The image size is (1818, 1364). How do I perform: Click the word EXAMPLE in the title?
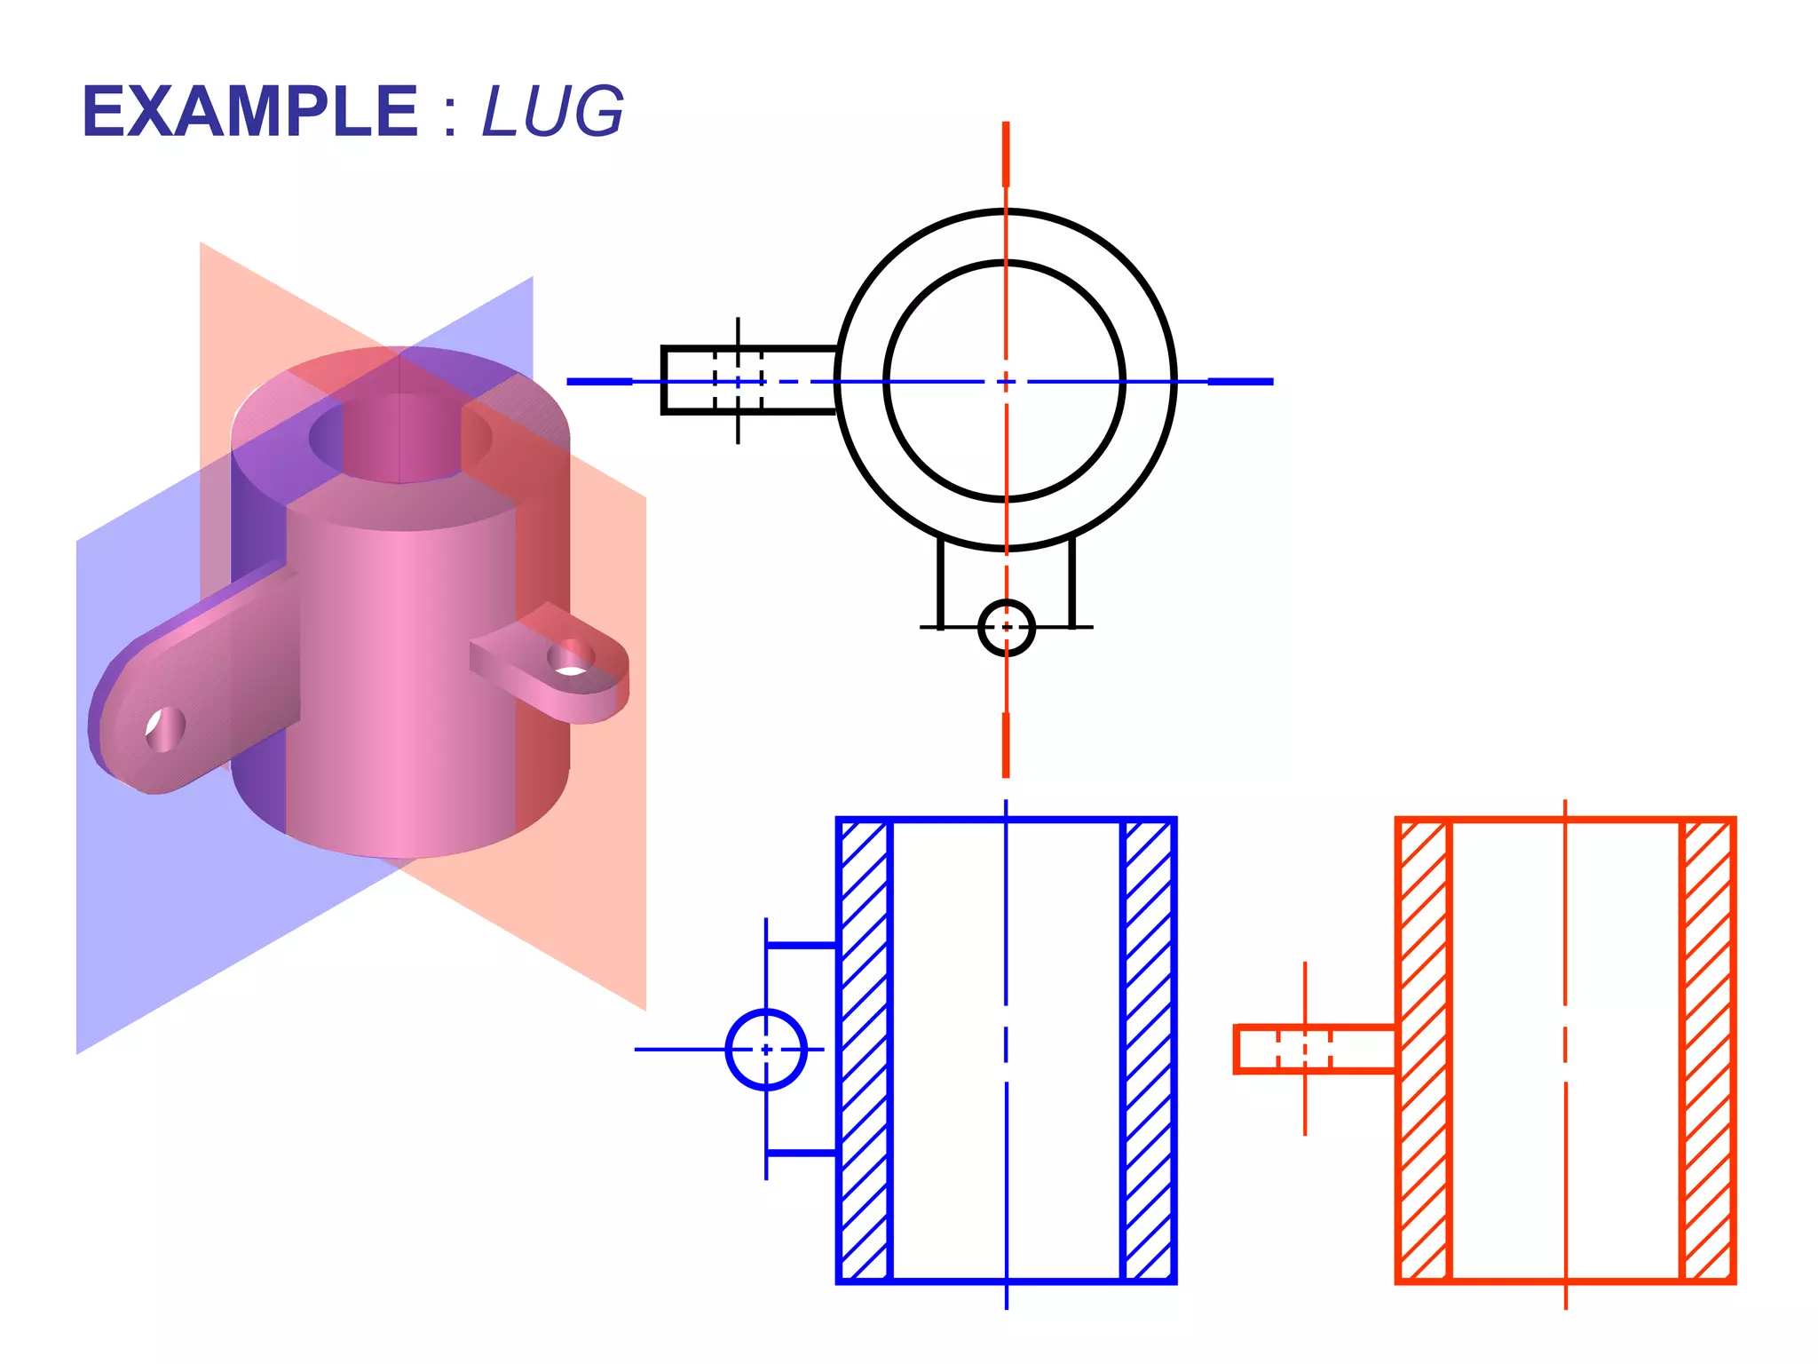pyautogui.click(x=249, y=112)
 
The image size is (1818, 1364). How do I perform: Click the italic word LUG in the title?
pyautogui.click(x=552, y=112)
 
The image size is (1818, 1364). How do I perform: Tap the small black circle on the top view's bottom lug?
pyautogui.click(x=1006, y=628)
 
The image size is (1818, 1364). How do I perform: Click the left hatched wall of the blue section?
pyautogui.click(x=864, y=1051)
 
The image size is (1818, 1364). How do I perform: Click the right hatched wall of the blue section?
pyautogui.click(x=1149, y=1051)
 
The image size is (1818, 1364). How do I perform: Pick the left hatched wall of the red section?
pyautogui.click(x=1423, y=1051)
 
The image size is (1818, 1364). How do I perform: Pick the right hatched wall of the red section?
pyautogui.click(x=1708, y=1051)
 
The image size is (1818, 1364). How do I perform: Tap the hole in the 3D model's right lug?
pyautogui.click(x=569, y=659)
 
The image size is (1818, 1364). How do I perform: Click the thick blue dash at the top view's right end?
pyautogui.click(x=1240, y=382)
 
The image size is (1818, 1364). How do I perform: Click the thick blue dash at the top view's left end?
pyautogui.click(x=599, y=382)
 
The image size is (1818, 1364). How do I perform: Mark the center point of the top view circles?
pyautogui.click(x=1006, y=382)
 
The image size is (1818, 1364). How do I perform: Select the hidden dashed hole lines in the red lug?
pyautogui.click(x=1304, y=1050)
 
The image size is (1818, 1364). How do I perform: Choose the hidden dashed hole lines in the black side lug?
pyautogui.click(x=738, y=381)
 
